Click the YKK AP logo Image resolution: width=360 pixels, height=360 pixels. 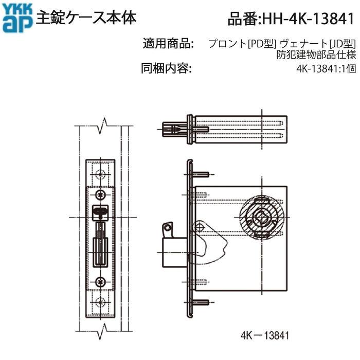[17, 19]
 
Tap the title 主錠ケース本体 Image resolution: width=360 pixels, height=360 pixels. [86, 19]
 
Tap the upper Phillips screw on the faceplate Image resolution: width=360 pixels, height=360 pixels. [101, 194]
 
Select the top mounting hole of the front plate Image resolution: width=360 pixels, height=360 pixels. [101, 171]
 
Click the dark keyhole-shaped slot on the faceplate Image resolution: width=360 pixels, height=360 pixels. [101, 210]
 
